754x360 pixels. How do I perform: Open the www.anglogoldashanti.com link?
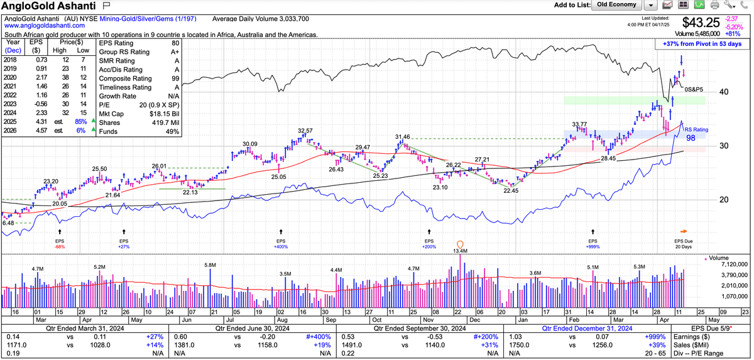[39, 26]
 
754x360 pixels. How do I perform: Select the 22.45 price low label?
[511, 190]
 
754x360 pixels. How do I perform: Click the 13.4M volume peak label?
[461, 251]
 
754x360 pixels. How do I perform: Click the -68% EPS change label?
[59, 247]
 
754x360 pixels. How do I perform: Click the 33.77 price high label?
[579, 124]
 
